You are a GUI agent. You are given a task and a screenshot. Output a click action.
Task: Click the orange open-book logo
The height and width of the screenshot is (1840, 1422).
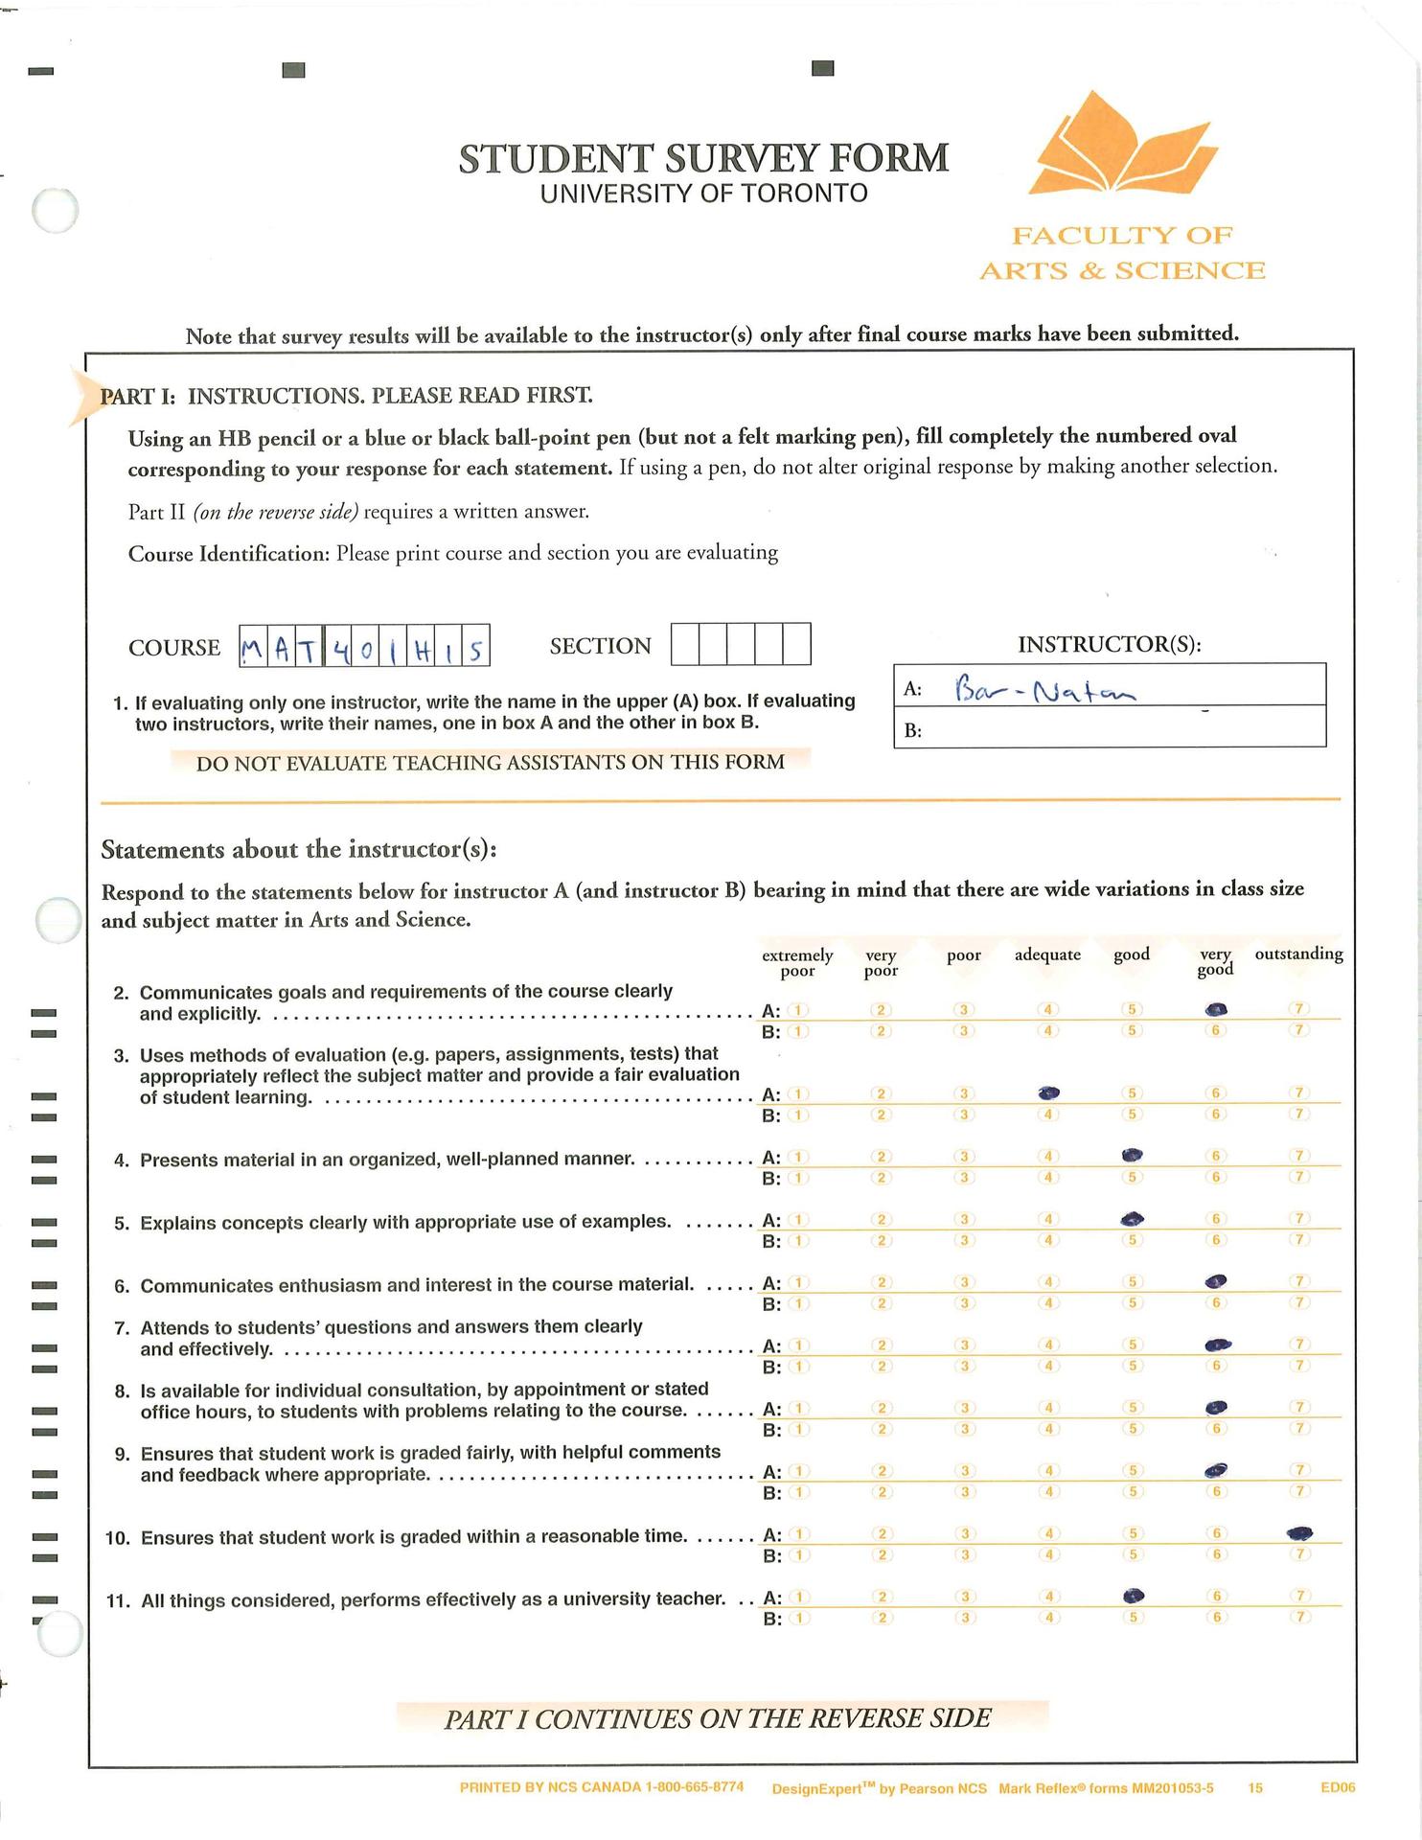pyautogui.click(x=1121, y=145)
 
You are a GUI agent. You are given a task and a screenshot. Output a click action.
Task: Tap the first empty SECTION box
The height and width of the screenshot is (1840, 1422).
pyautogui.click(x=684, y=644)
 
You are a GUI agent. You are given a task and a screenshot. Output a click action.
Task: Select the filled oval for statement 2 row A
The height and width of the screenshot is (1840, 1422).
pyautogui.click(x=1216, y=1009)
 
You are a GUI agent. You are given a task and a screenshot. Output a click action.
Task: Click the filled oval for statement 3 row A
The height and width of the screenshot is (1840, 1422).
pyautogui.click(x=1049, y=1092)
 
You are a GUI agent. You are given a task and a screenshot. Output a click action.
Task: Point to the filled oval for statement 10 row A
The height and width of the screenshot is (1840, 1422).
pyautogui.click(x=1299, y=1533)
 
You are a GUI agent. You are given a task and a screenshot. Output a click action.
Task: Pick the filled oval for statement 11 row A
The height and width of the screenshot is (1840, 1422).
pyautogui.click(x=1134, y=1596)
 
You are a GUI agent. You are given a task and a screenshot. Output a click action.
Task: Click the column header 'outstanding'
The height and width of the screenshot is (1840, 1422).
pyautogui.click(x=1298, y=954)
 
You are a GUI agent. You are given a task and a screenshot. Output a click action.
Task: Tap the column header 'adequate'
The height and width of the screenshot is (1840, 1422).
pyautogui.click(x=1047, y=954)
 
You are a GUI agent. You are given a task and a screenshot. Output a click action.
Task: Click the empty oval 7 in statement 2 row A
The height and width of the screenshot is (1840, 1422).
pyautogui.click(x=1299, y=1009)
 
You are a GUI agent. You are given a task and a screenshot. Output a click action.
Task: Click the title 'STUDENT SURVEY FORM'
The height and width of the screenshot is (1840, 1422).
pyautogui.click(x=703, y=158)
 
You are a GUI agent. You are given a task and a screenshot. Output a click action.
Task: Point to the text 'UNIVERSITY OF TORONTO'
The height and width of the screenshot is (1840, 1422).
pyautogui.click(x=703, y=194)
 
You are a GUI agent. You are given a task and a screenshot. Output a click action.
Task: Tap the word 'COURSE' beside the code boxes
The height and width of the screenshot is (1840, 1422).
pyautogui.click(x=174, y=648)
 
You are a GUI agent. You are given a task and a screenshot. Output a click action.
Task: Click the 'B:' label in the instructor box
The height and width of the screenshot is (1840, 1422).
pyautogui.click(x=913, y=731)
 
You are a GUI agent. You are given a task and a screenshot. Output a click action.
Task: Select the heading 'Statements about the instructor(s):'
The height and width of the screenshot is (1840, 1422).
pyautogui.click(x=299, y=850)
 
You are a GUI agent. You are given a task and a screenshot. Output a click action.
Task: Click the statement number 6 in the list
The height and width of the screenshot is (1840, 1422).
pyautogui.click(x=122, y=1287)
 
